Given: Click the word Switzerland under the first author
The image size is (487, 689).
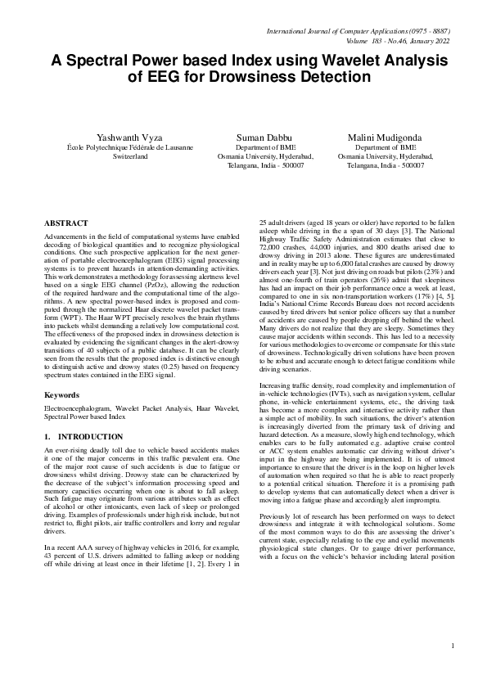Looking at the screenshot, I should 130,155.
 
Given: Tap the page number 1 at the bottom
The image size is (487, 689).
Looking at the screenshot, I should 452,669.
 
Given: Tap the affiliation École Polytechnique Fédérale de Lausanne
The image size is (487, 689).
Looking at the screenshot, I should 130,146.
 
